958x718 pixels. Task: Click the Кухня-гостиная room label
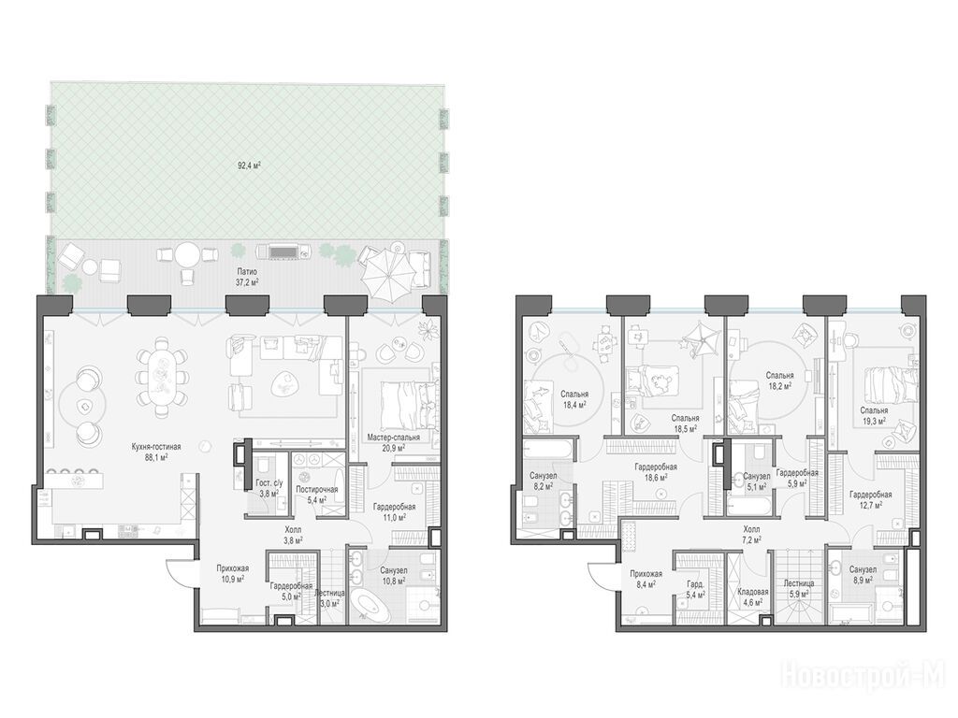coord(156,446)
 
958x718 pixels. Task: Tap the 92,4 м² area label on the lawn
coord(249,165)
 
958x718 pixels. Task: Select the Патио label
coord(247,272)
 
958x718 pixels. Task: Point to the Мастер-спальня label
coord(394,438)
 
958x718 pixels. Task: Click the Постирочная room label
coord(316,490)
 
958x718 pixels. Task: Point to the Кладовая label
coord(753,592)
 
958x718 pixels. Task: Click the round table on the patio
coord(187,253)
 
